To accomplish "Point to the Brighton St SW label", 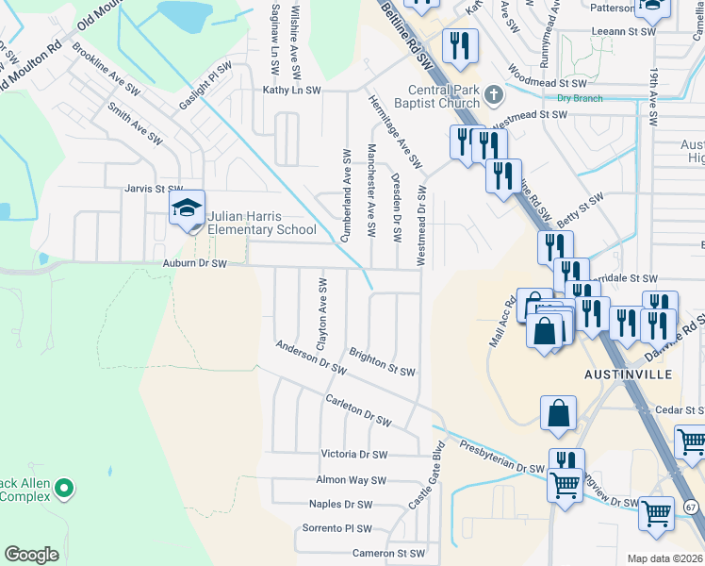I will (382, 363).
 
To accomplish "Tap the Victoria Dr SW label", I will (353, 455).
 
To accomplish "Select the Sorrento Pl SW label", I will (336, 529).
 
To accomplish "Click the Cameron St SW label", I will (388, 554).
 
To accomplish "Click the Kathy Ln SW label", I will (292, 91).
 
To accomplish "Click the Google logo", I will (31, 554).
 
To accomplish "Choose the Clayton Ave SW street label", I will (321, 309).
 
